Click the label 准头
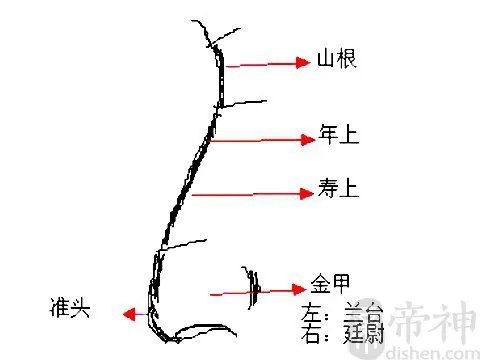tap(71, 307)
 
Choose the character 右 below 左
tap(311, 334)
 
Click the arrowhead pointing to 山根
tap(303, 63)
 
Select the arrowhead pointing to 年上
tap(309, 140)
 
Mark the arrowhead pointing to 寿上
tap(308, 192)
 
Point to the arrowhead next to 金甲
tap(295, 290)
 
